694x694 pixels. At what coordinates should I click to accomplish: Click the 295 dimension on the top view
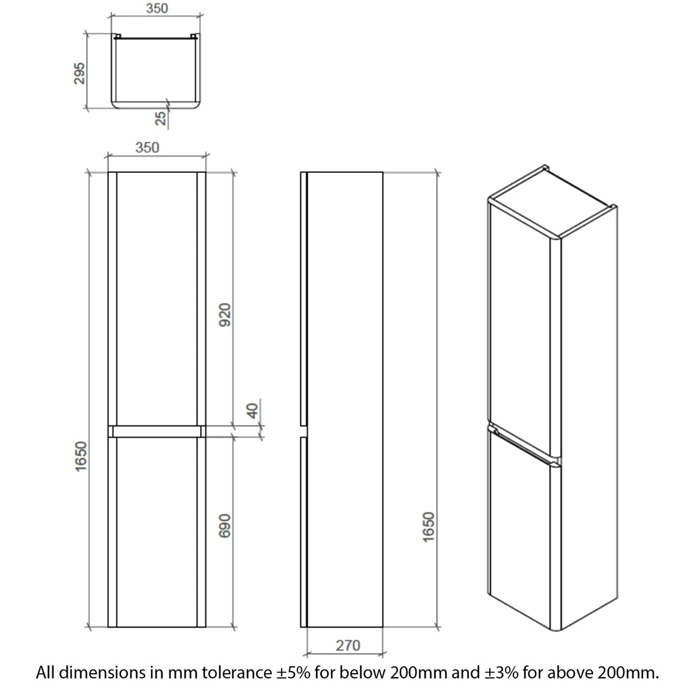click(x=79, y=73)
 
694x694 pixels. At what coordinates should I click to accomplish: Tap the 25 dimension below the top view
click(x=161, y=119)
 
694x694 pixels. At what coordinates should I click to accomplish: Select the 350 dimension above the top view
click(x=157, y=8)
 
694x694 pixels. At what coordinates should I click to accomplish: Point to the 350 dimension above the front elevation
click(x=147, y=147)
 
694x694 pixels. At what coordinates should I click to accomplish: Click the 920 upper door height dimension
click(x=225, y=315)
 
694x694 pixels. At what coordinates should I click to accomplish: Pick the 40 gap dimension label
click(x=253, y=411)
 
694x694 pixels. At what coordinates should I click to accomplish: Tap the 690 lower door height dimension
click(x=225, y=526)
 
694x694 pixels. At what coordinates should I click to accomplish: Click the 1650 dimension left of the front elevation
click(x=81, y=456)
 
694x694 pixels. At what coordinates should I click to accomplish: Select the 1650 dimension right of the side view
click(x=429, y=527)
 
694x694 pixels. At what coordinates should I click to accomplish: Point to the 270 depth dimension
click(x=348, y=645)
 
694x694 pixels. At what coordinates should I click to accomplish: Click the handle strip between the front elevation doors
click(x=157, y=431)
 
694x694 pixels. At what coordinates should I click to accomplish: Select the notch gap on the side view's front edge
click(x=304, y=431)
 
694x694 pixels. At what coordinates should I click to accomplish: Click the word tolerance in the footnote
click(x=237, y=673)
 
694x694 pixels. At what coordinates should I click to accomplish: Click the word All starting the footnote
click(x=45, y=673)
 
